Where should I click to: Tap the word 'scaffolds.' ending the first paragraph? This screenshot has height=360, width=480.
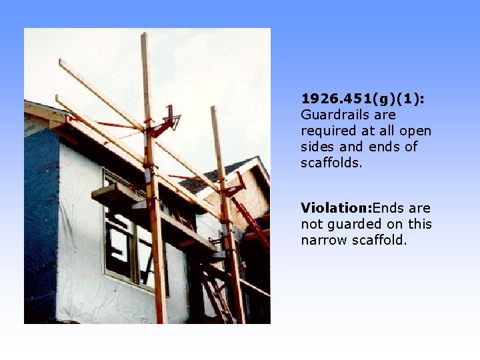click(331, 163)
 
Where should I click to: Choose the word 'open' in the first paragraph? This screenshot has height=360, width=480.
click(417, 131)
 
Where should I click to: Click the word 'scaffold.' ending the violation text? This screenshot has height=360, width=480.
click(382, 240)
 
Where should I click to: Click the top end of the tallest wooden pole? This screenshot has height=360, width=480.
click(144, 36)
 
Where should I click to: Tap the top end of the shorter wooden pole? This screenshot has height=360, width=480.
click(214, 109)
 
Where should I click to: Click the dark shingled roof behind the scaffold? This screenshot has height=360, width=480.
click(207, 180)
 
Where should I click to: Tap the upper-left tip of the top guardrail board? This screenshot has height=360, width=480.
click(61, 62)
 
